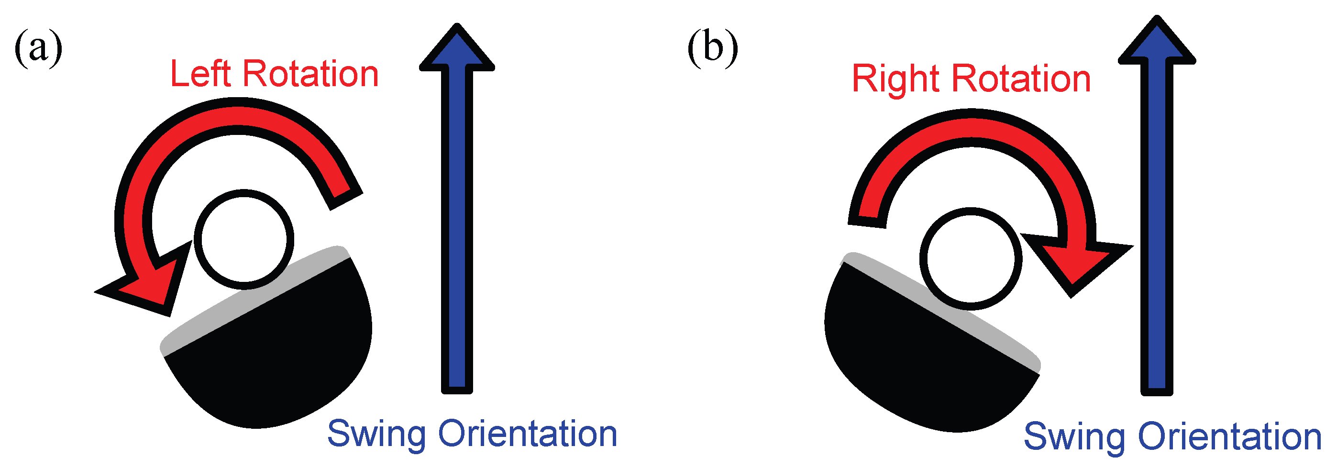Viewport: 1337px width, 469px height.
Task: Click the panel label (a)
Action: [x=38, y=48]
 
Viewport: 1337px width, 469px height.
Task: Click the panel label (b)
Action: [x=712, y=48]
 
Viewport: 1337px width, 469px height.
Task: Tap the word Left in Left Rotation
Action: [x=200, y=74]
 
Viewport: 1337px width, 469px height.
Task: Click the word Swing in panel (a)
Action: [x=376, y=434]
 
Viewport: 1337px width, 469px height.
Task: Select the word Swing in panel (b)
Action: [x=1073, y=437]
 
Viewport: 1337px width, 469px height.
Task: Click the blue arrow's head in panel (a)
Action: [x=457, y=49]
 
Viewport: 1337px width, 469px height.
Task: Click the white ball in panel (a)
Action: [x=243, y=239]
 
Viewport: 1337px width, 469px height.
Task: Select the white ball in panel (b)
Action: [x=970, y=258]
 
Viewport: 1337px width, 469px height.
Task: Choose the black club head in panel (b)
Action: [x=914, y=364]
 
